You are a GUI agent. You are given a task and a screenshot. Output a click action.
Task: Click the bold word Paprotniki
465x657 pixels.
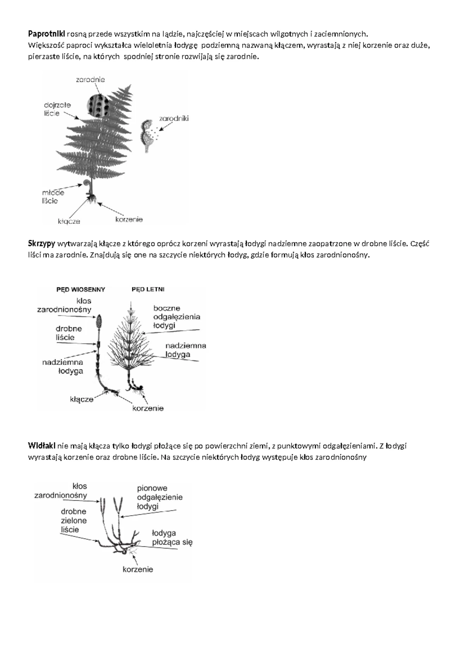46,34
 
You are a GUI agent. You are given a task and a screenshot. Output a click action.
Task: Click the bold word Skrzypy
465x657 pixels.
41,244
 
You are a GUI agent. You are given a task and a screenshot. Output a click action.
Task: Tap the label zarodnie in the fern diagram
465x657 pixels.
90,80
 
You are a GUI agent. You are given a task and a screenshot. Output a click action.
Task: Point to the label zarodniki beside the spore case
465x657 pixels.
174,119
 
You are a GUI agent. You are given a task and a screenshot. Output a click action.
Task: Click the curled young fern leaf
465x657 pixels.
88,182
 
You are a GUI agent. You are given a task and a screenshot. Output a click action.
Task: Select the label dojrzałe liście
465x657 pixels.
57,109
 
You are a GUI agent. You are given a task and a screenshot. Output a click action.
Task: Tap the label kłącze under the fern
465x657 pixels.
69,221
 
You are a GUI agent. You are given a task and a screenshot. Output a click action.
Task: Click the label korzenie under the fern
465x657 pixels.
129,219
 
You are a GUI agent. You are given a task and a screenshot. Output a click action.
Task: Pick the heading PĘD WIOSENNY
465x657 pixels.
81,289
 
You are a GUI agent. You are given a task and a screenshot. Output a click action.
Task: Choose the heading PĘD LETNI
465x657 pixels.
148,289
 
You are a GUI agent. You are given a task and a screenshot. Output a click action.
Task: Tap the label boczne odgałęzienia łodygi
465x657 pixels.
177,317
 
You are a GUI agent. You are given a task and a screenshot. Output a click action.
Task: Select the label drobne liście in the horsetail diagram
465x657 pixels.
69,333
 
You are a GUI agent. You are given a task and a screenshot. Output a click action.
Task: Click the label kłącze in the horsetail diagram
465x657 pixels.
81,399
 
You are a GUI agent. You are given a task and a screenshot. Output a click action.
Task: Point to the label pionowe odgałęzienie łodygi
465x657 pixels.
160,497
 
